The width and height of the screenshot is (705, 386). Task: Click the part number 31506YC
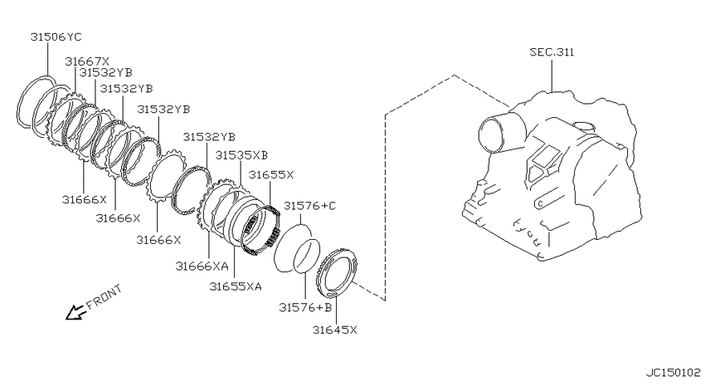coord(56,37)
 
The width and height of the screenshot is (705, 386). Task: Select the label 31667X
coord(87,61)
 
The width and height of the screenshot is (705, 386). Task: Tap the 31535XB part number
coord(241,155)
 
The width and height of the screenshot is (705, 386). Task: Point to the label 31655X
coord(271,174)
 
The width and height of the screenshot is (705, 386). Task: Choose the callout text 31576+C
coord(310,206)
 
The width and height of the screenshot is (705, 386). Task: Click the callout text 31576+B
coord(305,307)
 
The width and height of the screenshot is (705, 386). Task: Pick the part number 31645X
coord(335,330)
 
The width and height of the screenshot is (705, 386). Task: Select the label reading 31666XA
coord(202,266)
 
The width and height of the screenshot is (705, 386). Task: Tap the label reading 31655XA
coord(236,286)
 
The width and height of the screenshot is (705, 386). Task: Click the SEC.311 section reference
coord(552,52)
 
